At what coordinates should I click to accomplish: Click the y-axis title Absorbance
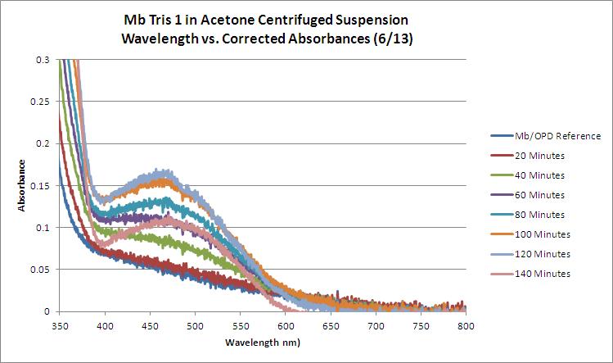pyautogui.click(x=23, y=185)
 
